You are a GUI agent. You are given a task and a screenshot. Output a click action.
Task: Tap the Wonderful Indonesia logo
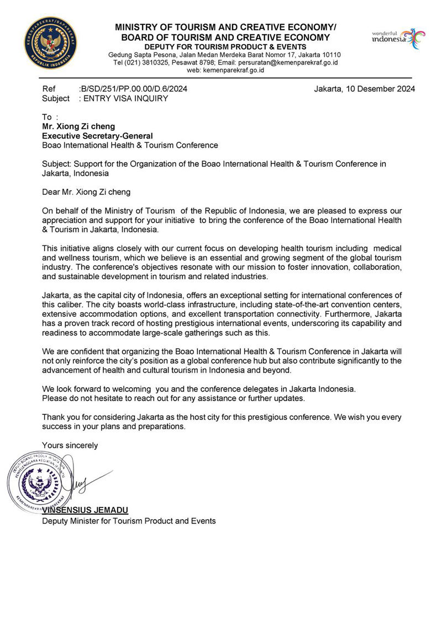pos(398,39)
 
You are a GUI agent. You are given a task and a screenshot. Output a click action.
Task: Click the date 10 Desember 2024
pos(380,88)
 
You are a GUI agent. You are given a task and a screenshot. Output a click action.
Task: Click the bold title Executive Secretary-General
pos(97,136)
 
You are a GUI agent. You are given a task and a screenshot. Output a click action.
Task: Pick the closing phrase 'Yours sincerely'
pos(70,445)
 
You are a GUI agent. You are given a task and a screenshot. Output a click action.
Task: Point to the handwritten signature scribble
pos(83,482)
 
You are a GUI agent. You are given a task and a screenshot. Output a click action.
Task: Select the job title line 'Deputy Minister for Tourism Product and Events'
pos(129,520)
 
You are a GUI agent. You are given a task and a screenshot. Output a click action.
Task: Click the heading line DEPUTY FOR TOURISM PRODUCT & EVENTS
pos(225,46)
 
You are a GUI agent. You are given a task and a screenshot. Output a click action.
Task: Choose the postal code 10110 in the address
pos(330,55)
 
